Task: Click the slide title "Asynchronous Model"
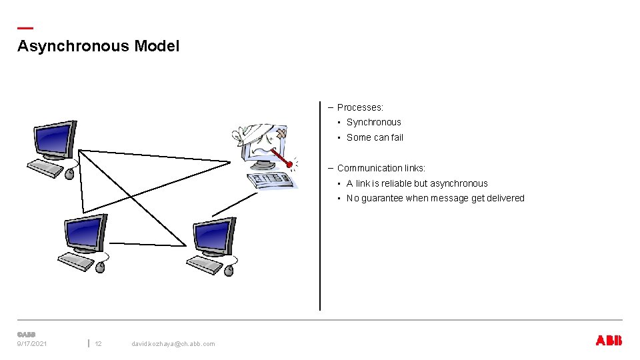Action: pos(98,46)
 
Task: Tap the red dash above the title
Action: pos(25,29)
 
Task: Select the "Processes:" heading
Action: pos(360,107)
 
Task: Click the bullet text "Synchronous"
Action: pos(373,122)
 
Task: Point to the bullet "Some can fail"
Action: pos(375,137)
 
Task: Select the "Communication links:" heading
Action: pos(381,168)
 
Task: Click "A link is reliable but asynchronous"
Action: pos(417,183)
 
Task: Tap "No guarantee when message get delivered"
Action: pos(435,198)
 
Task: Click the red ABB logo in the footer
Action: pos(608,341)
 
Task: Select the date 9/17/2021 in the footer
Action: pos(32,344)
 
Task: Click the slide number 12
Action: pos(98,344)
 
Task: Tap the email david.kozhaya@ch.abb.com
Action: pos(173,344)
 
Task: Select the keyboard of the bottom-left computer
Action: pos(76,261)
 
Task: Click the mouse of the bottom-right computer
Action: pos(229,270)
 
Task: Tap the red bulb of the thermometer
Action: pos(289,164)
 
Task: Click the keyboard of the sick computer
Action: pos(269,180)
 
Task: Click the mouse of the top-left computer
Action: pos(69,174)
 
